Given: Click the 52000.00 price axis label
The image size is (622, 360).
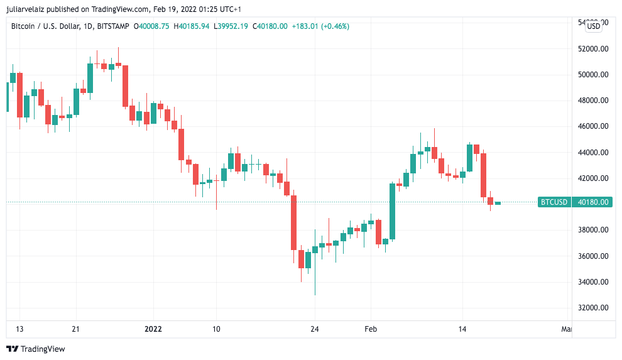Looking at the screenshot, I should coord(594,48).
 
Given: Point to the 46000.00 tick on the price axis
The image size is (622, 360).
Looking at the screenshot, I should coord(594,126).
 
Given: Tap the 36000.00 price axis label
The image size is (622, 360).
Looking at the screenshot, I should coord(594,256).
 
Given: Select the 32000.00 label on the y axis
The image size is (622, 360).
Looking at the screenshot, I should coord(594,308).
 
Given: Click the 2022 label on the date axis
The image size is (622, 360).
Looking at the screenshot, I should coord(153,329).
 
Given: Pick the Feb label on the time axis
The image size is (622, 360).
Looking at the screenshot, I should coord(371,329).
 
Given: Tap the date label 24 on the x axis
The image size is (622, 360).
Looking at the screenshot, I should coord(315,329).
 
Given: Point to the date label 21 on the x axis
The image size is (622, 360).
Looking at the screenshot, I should coord(76,329).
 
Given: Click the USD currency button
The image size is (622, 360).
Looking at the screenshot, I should coord(594,26).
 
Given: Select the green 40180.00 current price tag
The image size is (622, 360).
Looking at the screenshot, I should coord(594,202).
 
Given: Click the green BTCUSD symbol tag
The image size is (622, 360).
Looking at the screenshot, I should coord(554,202).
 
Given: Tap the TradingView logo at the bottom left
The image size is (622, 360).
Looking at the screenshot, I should coord(36,349).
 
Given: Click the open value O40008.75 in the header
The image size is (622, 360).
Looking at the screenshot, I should coord(151,26).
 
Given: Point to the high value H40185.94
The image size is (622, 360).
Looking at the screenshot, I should coord(192,26).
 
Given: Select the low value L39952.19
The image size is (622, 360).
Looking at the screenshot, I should coord(231,26).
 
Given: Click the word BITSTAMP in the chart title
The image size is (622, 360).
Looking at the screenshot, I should coord(112,26).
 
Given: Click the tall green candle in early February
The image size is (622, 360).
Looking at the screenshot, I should coord(393,211).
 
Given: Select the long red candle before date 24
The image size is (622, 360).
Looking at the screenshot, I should coord(293,222).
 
